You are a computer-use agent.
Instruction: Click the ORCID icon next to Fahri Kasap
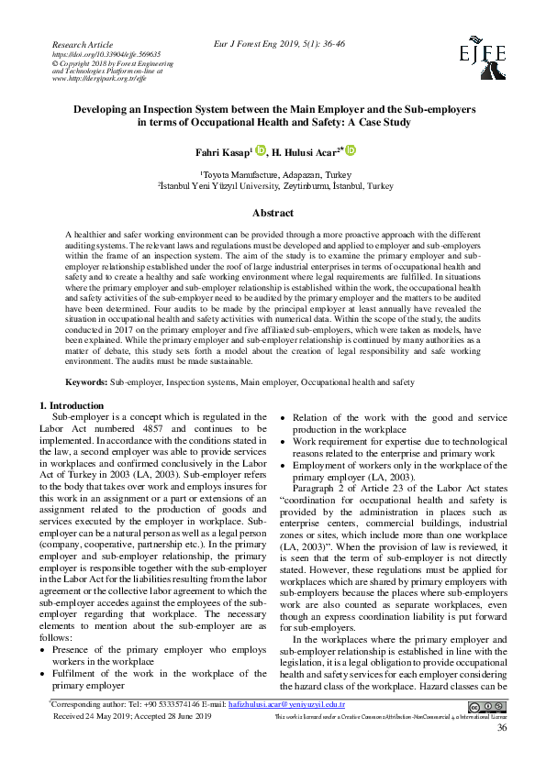(259, 149)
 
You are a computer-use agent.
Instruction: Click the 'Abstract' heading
(273, 212)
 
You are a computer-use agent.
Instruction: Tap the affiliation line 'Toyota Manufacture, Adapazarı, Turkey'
(274, 173)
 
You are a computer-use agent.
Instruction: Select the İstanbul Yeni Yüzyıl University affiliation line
(274, 184)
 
